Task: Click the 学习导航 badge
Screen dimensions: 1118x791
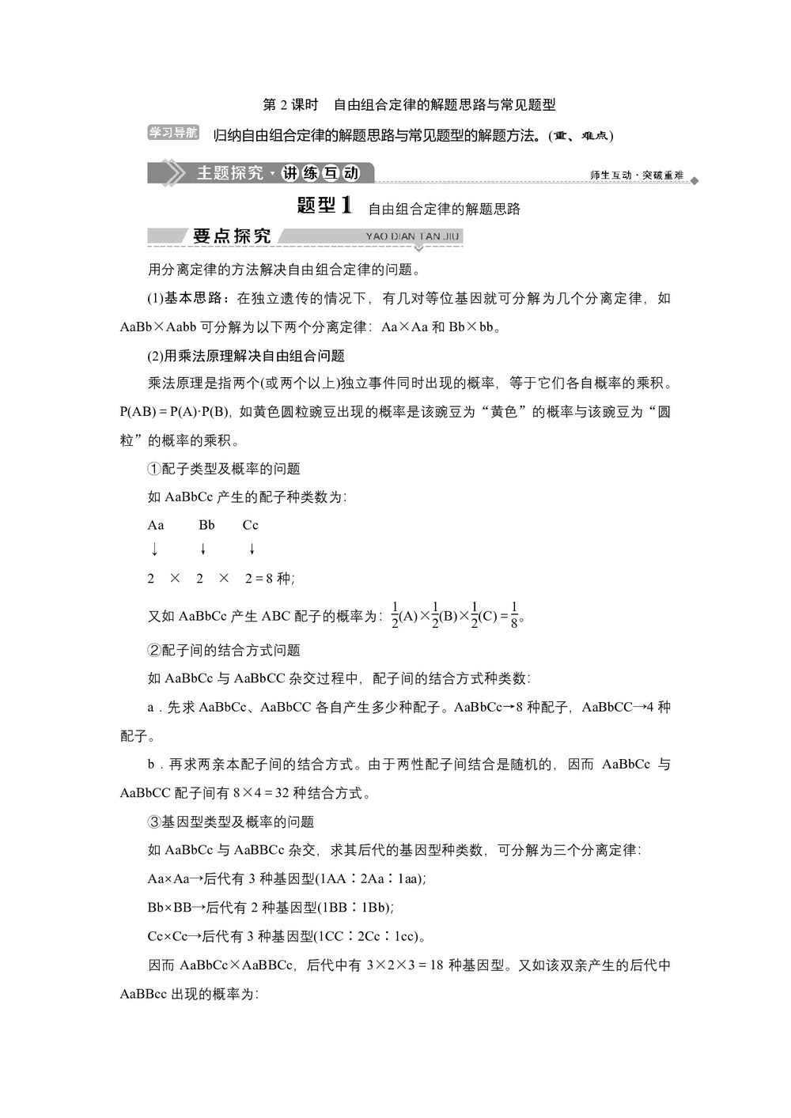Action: (x=172, y=133)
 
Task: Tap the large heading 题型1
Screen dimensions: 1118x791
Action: (x=324, y=206)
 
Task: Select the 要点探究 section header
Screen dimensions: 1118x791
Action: (x=231, y=236)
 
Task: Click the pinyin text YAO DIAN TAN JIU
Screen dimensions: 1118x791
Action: (x=412, y=236)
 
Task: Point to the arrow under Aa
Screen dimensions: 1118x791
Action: (x=154, y=549)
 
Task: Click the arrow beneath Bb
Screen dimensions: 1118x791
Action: (x=203, y=549)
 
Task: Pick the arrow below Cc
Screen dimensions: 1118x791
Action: (x=252, y=549)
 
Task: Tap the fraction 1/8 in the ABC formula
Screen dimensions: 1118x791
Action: (x=514, y=615)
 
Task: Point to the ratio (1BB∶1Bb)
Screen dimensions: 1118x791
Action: (x=355, y=908)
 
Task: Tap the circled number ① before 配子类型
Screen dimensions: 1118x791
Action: (x=154, y=469)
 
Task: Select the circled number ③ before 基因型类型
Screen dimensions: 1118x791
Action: (x=154, y=822)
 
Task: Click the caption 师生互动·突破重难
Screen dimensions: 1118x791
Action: (x=636, y=175)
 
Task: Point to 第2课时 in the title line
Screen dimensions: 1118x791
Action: (x=290, y=104)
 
